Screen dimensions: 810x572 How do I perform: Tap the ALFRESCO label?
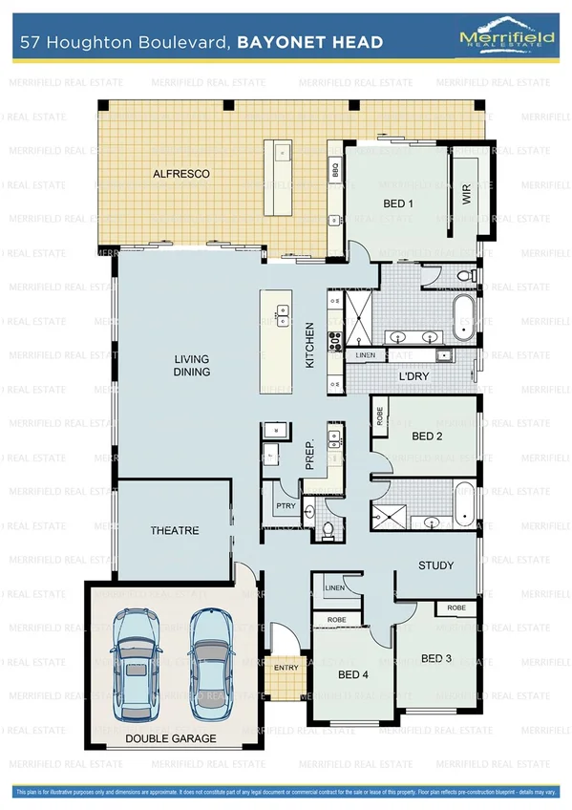pos(181,174)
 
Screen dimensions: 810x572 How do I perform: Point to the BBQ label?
pos(335,172)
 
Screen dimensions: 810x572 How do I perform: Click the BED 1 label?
pos(398,203)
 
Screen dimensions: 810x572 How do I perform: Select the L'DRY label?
pos(414,376)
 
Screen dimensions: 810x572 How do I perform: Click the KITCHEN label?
pos(309,347)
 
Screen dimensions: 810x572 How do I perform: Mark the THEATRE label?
pos(175,530)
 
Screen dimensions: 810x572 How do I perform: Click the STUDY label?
pos(437,565)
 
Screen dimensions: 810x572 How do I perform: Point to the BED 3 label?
pos(436,658)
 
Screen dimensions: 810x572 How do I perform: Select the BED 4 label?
pos(353,675)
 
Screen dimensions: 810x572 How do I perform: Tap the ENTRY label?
pos(286,667)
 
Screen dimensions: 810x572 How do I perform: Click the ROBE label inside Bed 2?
pos(380,417)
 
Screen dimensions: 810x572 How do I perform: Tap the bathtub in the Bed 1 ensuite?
pos(463,317)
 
